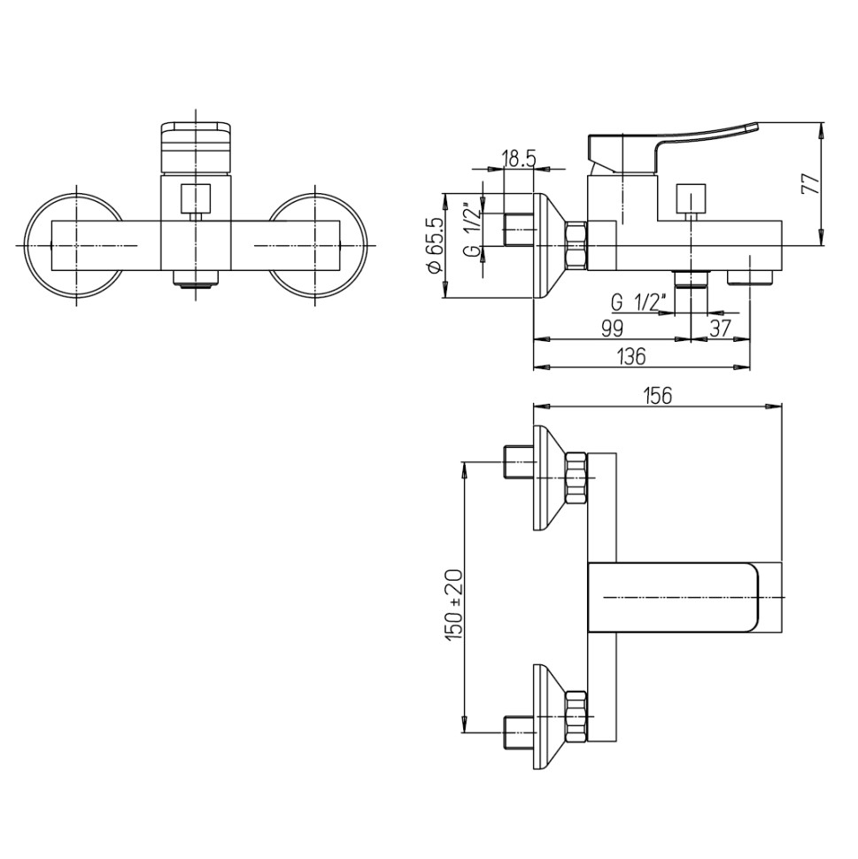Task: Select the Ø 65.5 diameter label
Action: tap(437, 245)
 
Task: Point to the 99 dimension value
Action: tap(613, 329)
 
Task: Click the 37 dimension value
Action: tap(721, 329)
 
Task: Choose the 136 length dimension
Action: tap(631, 357)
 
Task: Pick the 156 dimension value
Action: tap(658, 395)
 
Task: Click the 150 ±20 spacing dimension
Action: tap(454, 605)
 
